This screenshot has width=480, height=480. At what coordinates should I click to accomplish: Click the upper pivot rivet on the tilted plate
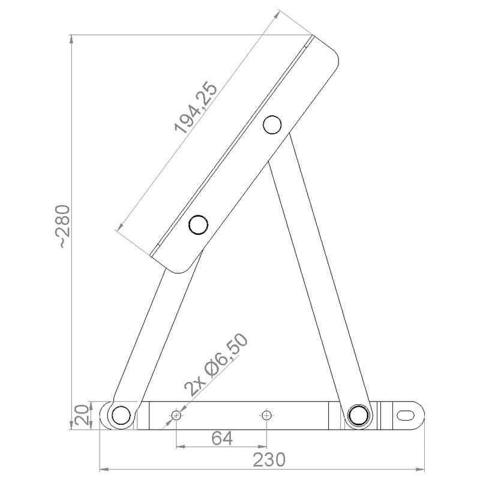pos(272,124)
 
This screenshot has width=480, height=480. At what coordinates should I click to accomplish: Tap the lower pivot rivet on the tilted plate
pos(198,224)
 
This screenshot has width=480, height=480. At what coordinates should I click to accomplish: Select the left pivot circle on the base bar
pos(121,415)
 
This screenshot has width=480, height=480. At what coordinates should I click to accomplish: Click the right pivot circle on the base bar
pos(358,415)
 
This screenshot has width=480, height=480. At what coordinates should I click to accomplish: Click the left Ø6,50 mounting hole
pos(176,415)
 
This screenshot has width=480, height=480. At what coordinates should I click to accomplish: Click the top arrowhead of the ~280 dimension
pos(72,39)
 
